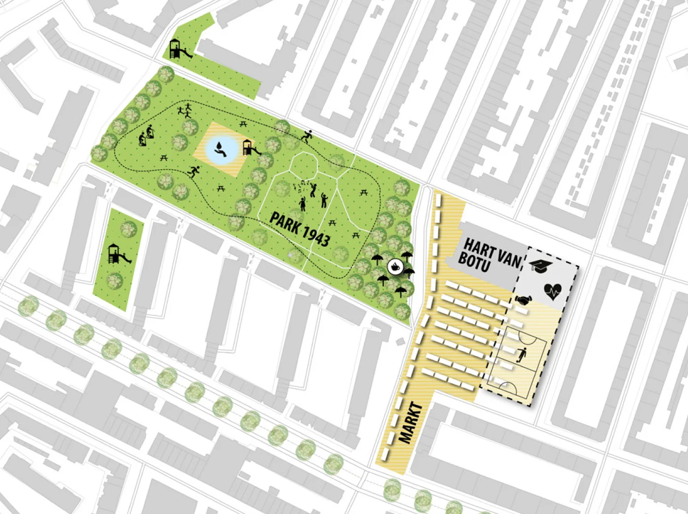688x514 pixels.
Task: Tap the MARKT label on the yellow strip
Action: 411,423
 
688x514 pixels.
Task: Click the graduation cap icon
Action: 540,265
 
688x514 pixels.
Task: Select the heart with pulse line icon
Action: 552,292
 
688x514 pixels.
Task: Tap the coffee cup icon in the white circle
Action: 395,267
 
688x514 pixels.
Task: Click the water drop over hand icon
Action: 218,149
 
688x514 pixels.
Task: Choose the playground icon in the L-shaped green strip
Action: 178,49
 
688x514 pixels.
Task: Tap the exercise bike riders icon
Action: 146,135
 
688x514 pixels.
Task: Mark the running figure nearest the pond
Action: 193,172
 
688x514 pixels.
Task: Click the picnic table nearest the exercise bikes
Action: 164,158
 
